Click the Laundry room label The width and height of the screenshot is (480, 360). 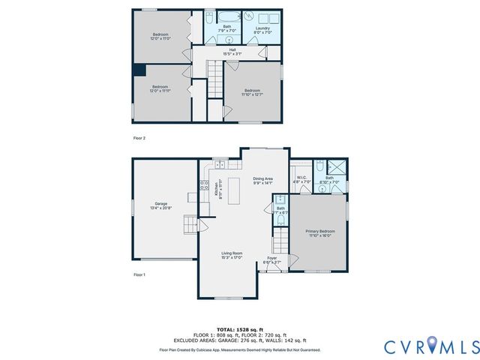[x=262, y=30]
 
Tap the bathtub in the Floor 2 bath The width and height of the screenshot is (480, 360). [x=226, y=17]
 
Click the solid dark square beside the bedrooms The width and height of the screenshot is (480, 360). [x=139, y=70]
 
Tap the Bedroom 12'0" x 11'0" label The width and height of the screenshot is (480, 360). [x=160, y=36]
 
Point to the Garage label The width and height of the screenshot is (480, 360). [x=160, y=205]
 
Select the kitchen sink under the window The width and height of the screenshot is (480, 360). [x=220, y=165]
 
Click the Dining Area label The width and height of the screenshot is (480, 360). [x=262, y=180]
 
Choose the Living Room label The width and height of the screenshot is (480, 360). [x=231, y=255]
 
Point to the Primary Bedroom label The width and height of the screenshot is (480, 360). [x=320, y=233]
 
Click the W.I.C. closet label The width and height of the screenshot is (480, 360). [x=300, y=180]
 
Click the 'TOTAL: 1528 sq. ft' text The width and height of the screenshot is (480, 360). [x=240, y=329]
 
